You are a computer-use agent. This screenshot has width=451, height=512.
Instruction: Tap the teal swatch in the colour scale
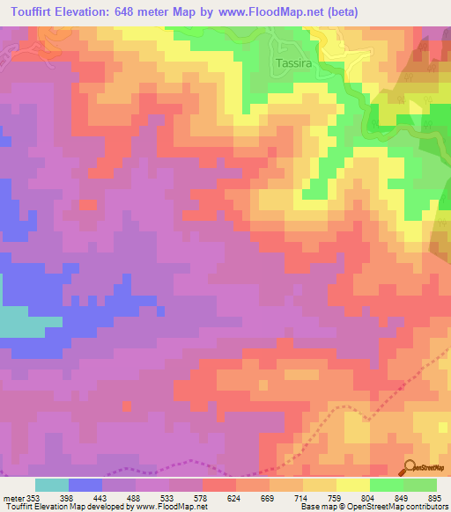52,485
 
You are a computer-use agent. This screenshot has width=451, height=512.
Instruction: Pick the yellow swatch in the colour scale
353,485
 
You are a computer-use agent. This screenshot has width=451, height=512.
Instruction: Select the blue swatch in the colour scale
85,485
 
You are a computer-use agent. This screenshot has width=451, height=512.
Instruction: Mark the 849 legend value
394,499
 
